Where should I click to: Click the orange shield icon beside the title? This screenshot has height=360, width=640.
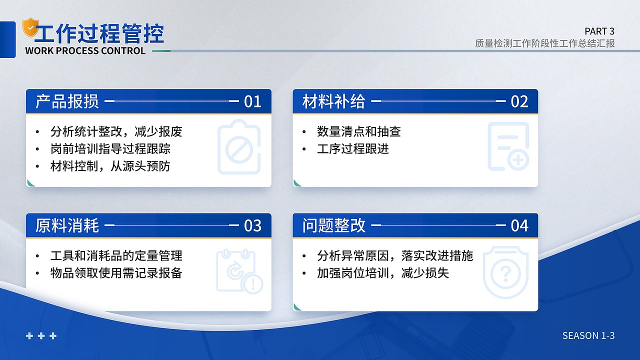30,27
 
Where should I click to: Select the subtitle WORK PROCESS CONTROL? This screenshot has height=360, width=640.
85,50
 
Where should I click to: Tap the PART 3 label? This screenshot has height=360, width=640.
599,31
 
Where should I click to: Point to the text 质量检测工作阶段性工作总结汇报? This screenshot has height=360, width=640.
544,43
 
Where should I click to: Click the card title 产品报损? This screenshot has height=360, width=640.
67,101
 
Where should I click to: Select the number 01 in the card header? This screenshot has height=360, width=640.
252,101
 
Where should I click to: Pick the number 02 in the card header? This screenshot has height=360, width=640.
519,101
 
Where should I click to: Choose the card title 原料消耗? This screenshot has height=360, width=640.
67,225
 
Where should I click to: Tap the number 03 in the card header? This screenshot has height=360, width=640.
252,225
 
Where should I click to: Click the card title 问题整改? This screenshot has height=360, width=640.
334,225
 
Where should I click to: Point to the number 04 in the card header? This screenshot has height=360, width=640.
519,225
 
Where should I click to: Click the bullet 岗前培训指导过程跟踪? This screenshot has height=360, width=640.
110,148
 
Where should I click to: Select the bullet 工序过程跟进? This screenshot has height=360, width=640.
352,148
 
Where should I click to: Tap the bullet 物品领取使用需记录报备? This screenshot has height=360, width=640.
116,273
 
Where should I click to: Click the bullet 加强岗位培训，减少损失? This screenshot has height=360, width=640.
382,273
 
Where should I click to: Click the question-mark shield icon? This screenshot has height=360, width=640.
505,272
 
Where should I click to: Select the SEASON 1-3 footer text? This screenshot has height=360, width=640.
588,335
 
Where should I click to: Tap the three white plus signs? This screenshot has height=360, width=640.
41,336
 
